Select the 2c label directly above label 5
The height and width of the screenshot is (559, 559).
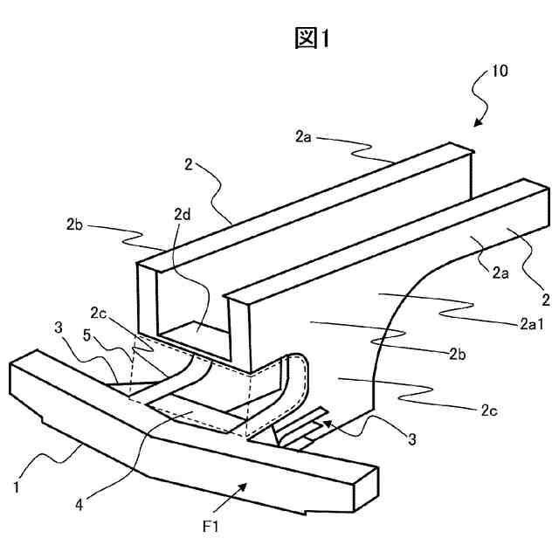coord(99,311)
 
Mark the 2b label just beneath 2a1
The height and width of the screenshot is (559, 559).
coord(459,354)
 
